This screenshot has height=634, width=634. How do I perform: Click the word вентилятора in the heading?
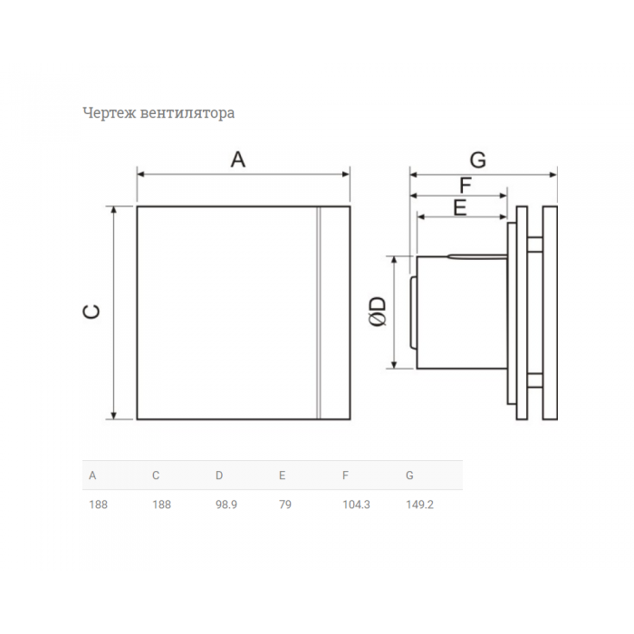[x=187, y=113]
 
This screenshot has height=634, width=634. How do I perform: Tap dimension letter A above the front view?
[x=238, y=159]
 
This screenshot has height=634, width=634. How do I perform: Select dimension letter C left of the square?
[x=91, y=312]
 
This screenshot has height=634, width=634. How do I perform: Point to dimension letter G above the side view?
[x=478, y=159]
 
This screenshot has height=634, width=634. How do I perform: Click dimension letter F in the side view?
[x=466, y=186]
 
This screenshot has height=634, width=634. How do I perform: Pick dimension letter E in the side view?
[x=460, y=207]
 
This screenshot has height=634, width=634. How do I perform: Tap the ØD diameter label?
[x=378, y=312]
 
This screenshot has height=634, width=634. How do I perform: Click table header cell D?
[x=219, y=475]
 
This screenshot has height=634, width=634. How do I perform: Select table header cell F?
[x=345, y=475]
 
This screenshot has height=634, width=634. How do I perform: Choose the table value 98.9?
[x=226, y=504]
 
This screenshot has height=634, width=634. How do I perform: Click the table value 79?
[x=285, y=504]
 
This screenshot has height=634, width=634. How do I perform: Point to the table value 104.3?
[x=356, y=504]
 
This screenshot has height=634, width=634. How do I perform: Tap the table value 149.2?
[x=419, y=504]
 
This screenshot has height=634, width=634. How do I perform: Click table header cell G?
[x=409, y=475]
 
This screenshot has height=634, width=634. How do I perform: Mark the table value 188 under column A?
[x=98, y=504]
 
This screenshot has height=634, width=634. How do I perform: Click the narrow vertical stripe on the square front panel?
[x=318, y=312]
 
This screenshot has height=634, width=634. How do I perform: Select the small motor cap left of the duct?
[x=413, y=312]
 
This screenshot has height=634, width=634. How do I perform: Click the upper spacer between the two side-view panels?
[x=535, y=245]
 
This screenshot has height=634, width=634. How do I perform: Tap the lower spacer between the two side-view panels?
[x=535, y=380]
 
